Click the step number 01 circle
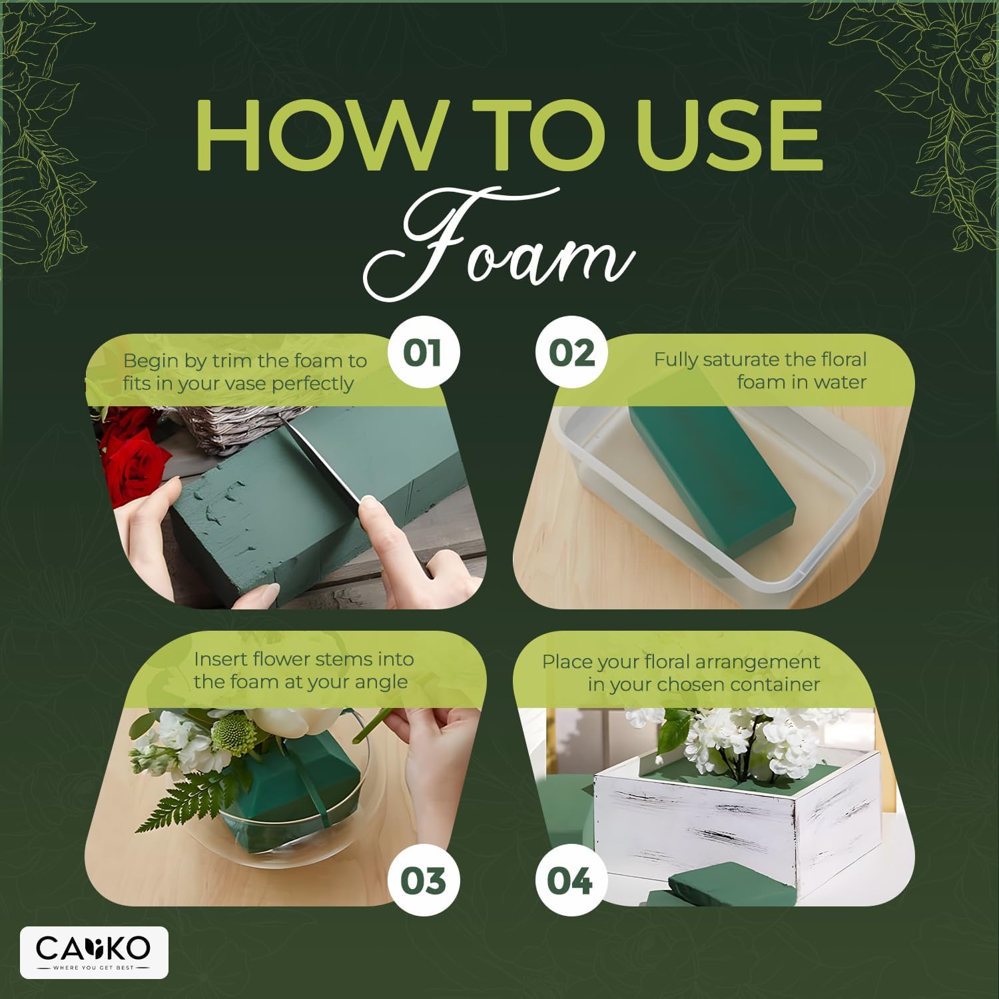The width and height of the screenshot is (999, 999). pos(422,353)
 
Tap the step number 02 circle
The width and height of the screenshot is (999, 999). pos(571,353)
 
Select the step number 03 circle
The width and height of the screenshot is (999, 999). pos(422,881)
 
